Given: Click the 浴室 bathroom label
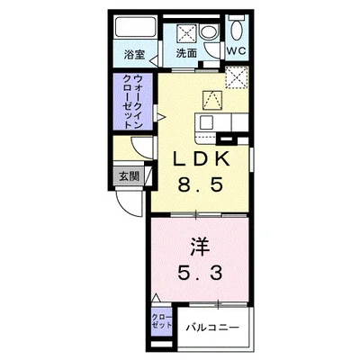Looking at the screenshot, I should (x=133, y=54).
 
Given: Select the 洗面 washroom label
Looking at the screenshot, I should (x=185, y=54).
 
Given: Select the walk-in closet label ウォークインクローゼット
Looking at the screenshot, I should (x=133, y=106).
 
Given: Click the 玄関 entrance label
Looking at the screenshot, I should (x=130, y=176).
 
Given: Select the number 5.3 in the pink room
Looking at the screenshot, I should (x=198, y=269).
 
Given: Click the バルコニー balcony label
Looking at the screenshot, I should (x=212, y=328).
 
